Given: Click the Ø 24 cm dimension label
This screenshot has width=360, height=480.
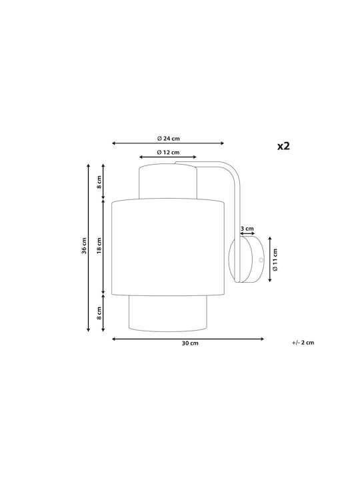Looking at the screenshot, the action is (x=169, y=139).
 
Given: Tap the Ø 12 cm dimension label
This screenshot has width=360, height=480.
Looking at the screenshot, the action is (x=168, y=152).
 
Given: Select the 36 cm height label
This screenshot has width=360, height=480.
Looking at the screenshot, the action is (x=84, y=246).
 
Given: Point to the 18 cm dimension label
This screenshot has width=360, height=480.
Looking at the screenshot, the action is (x=99, y=245).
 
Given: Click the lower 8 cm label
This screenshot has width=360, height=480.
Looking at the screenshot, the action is (x=99, y=313).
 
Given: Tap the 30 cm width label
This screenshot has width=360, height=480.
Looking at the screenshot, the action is (x=190, y=343).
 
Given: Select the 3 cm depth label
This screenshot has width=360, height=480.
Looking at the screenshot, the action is (x=247, y=229).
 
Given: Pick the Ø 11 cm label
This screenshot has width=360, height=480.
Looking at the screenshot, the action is (x=275, y=259).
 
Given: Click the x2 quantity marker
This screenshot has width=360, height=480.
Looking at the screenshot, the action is (x=283, y=146).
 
